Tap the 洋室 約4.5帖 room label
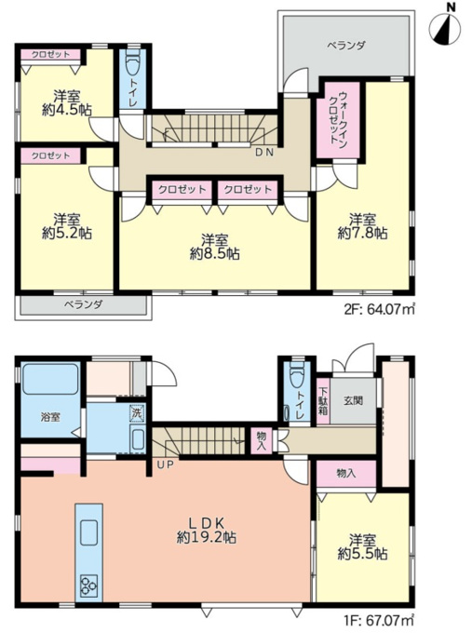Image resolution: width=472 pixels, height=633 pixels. click(x=67, y=103)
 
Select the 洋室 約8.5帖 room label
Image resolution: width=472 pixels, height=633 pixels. click(x=215, y=247)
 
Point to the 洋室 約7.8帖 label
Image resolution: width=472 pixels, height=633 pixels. click(x=362, y=226)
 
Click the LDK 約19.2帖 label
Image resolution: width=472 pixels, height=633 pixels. click(x=207, y=530)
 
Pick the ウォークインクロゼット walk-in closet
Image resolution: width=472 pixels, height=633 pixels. click(x=338, y=120)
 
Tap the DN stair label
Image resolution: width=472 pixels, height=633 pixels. click(x=264, y=153)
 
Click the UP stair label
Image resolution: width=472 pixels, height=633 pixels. click(x=166, y=465)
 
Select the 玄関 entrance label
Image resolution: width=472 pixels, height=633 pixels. click(x=353, y=400)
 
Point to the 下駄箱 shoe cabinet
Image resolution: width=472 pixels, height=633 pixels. click(x=323, y=401)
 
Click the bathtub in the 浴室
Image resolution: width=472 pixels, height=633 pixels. click(x=50, y=379)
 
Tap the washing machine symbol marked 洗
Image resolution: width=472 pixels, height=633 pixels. click(x=136, y=414)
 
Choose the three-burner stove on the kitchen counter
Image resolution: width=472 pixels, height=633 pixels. click(x=88, y=585)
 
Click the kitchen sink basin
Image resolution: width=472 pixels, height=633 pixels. click(x=88, y=532)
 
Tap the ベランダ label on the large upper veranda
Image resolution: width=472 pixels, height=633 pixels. click(x=346, y=46)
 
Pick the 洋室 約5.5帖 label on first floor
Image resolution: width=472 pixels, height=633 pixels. click(x=362, y=547)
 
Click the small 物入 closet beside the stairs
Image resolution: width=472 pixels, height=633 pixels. click(x=262, y=440)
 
